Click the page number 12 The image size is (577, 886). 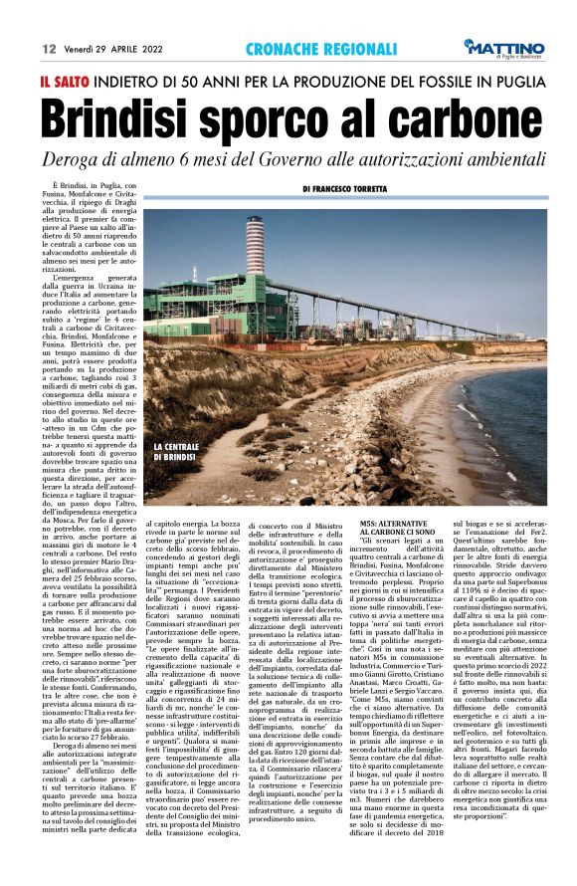[x=48, y=48]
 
